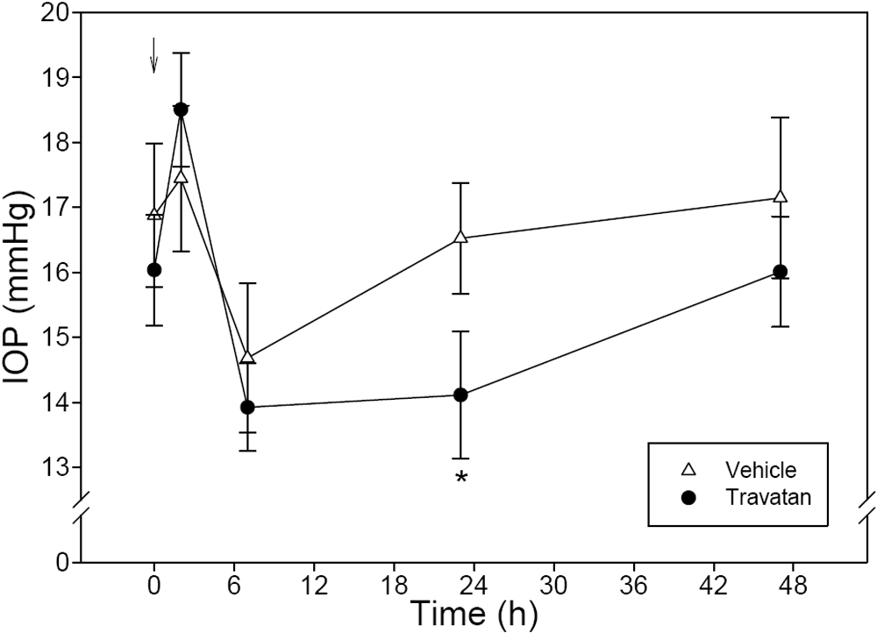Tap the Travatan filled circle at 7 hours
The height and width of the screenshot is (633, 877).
[247, 407]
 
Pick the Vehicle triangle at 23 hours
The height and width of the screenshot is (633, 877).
[460, 238]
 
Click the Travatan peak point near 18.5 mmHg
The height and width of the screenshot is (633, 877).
[181, 110]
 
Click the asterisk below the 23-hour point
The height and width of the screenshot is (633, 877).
[460, 479]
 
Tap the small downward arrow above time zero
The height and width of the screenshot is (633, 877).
[154, 55]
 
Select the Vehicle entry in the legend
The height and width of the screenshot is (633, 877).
[742, 473]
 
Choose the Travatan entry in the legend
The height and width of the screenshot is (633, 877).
[742, 497]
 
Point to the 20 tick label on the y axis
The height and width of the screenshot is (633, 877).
[58, 12]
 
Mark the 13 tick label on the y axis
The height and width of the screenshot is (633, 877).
[58, 466]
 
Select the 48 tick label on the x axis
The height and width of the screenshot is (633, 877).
[793, 581]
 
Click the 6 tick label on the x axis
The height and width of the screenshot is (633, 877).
[234, 581]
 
